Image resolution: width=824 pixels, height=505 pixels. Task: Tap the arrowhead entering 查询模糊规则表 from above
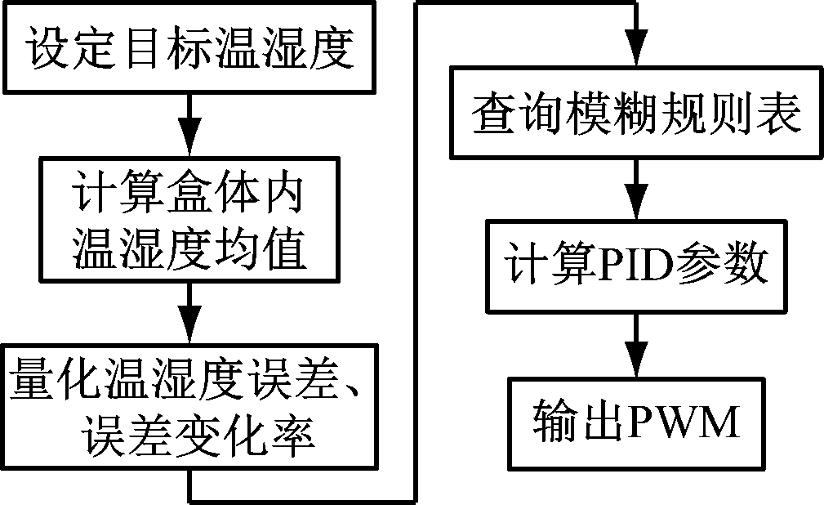(635, 62)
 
